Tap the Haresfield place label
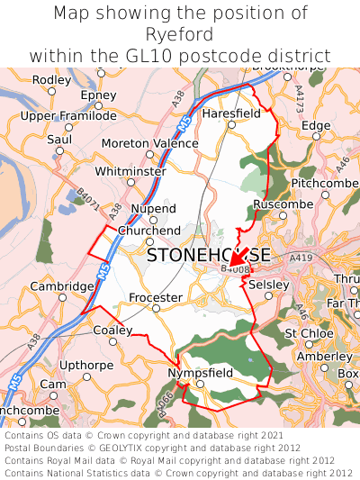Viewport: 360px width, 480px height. [231, 114]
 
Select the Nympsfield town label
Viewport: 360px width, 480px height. [201, 373]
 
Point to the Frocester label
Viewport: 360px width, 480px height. [156, 298]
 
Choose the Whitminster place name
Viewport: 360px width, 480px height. [130, 171]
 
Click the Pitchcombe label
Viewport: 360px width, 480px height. [325, 183]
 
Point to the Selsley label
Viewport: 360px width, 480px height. [269, 285]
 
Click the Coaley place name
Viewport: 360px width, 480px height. [112, 331]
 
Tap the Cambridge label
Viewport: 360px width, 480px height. [62, 286]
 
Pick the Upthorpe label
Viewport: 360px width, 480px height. [85, 365]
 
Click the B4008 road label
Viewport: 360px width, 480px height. [235, 268]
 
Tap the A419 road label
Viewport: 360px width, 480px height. [300, 258]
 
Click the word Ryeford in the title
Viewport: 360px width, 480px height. [179, 35]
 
